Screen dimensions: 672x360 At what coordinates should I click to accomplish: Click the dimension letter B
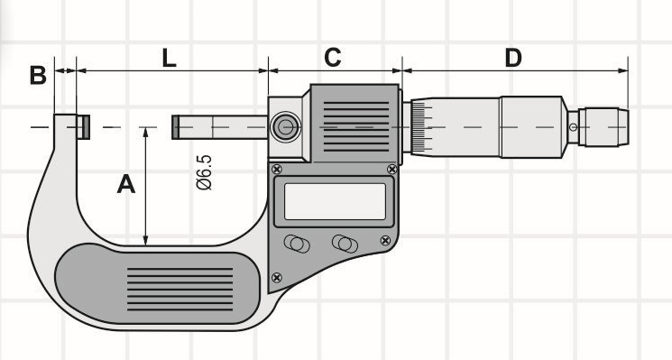(38, 76)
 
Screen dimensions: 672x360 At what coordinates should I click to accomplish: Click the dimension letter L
(170, 58)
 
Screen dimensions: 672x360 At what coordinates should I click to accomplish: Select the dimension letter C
(332, 58)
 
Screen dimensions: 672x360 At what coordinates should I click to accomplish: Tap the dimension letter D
(513, 58)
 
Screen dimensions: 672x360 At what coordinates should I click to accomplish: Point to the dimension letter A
(126, 184)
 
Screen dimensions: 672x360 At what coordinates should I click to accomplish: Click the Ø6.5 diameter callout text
(204, 172)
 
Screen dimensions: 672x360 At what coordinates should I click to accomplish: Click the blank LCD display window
(335, 201)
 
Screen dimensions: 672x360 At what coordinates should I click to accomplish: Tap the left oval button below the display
(297, 244)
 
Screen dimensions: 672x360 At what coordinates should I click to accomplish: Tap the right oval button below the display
(345, 244)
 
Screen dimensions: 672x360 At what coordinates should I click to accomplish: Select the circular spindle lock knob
(286, 127)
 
